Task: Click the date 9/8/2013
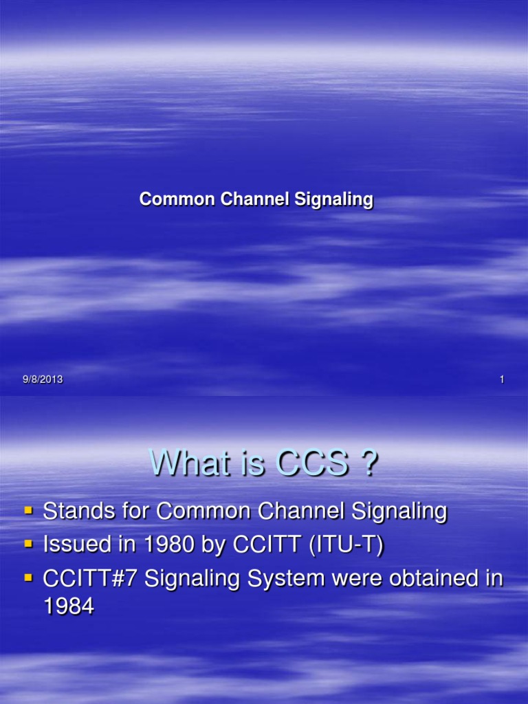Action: pyautogui.click(x=42, y=379)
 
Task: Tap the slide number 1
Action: pyautogui.click(x=503, y=379)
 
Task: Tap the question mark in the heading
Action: pyautogui.click(x=368, y=465)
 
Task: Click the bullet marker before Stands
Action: pyautogui.click(x=28, y=511)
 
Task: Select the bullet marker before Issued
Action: pyautogui.click(x=28, y=544)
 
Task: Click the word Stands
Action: pyautogui.click(x=82, y=511)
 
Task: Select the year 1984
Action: pyautogui.click(x=68, y=608)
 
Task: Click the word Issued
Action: pyautogui.click(x=77, y=544)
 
